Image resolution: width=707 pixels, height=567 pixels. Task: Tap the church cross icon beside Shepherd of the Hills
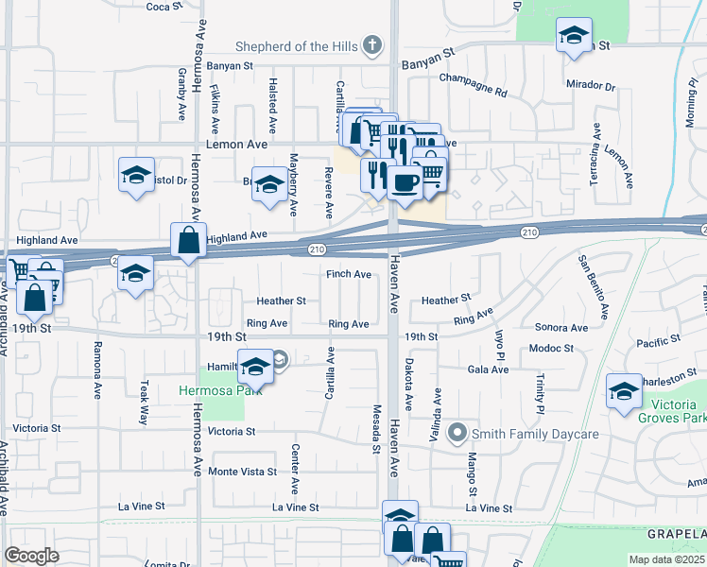coord(373,44)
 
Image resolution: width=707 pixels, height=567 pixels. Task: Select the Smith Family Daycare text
coord(536,434)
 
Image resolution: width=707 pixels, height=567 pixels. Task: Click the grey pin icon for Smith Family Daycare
coord(457,434)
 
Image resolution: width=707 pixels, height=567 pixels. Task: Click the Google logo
coord(31,555)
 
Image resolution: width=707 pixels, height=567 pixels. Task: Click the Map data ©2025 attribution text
coord(665,559)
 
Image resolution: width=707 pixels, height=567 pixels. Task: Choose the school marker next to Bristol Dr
coord(137,176)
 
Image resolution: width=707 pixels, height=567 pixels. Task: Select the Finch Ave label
coord(349,274)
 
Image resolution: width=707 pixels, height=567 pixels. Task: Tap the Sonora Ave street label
coord(560,328)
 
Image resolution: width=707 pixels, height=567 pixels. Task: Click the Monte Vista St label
coord(243,472)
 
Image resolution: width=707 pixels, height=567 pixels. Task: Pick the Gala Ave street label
coord(488,369)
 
